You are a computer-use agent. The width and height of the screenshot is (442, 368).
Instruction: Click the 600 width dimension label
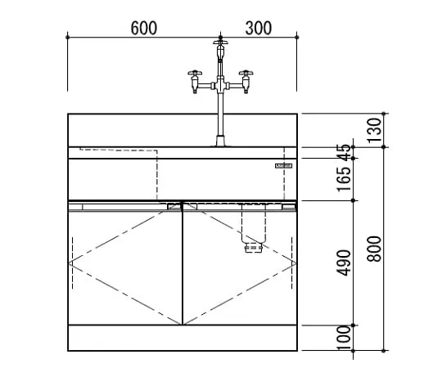tap(144, 28)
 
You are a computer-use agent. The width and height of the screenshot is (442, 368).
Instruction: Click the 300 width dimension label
tap(259, 28)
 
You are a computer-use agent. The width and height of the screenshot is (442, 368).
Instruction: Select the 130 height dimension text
tap(375, 130)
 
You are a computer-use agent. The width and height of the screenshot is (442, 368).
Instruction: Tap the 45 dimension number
tap(345, 152)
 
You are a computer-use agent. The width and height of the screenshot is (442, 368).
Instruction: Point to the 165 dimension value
tap(345, 179)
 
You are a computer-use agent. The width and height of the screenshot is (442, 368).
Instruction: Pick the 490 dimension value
tap(345, 263)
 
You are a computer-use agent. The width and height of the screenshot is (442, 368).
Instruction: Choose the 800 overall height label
tap(375, 249)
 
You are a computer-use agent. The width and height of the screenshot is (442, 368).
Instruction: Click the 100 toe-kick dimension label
tap(345, 338)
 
